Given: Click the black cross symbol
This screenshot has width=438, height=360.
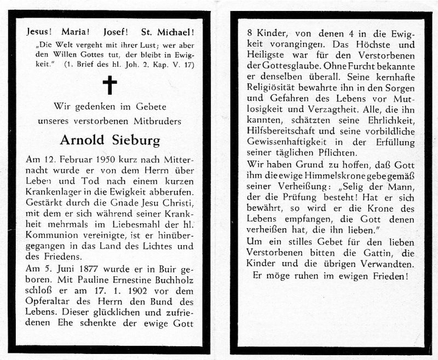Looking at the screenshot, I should coord(110,85).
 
